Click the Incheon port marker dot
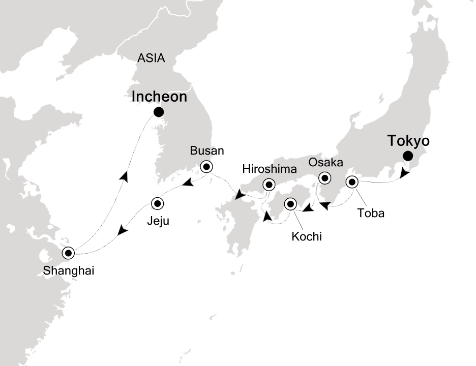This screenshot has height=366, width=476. (159, 112)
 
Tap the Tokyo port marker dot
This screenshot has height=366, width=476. (407, 156)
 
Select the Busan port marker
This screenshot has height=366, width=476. (206, 166)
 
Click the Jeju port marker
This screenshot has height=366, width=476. (158, 203)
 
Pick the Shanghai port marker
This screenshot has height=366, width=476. (68, 252)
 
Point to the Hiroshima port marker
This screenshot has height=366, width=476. (268, 185)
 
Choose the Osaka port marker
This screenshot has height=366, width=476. (323, 178)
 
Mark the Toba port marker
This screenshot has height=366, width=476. (351, 182)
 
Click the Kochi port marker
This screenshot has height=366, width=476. (290, 204)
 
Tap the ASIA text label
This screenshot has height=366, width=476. (151, 58)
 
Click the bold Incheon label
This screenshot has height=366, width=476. (159, 97)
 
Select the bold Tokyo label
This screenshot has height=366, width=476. (408, 140)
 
